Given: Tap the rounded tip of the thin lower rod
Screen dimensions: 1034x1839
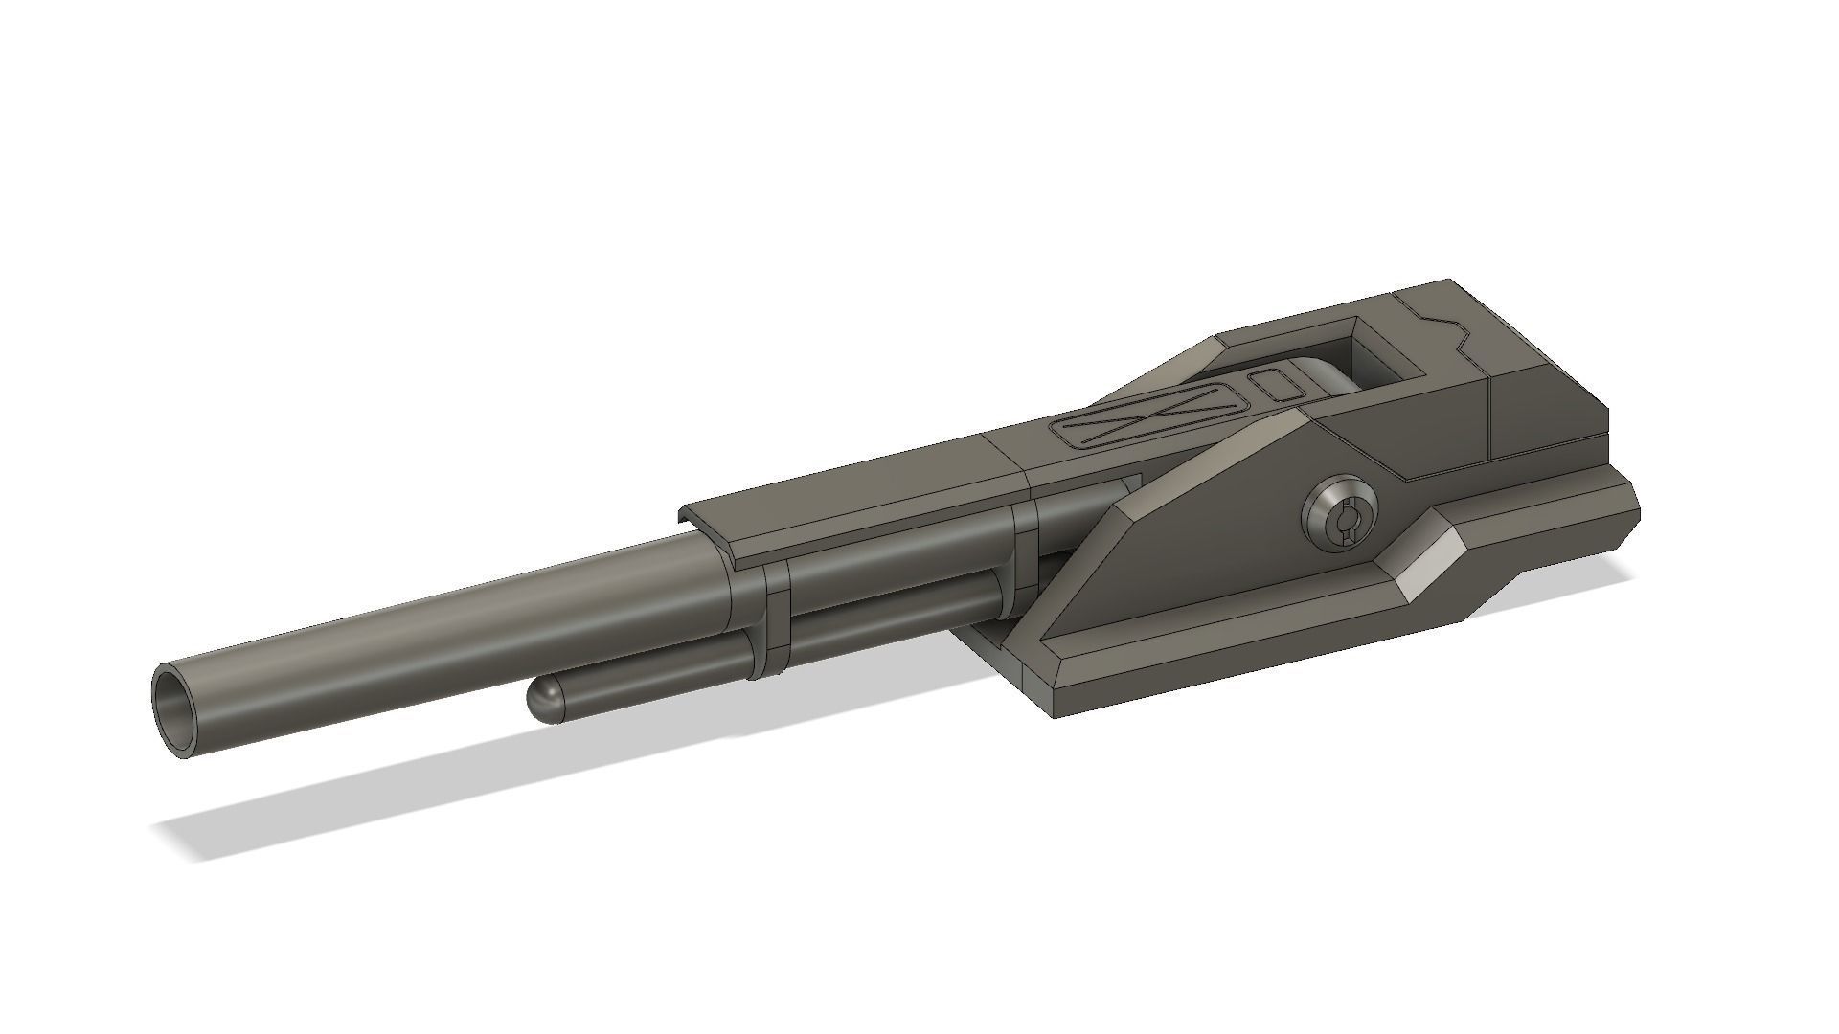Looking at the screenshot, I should pos(539,701).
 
